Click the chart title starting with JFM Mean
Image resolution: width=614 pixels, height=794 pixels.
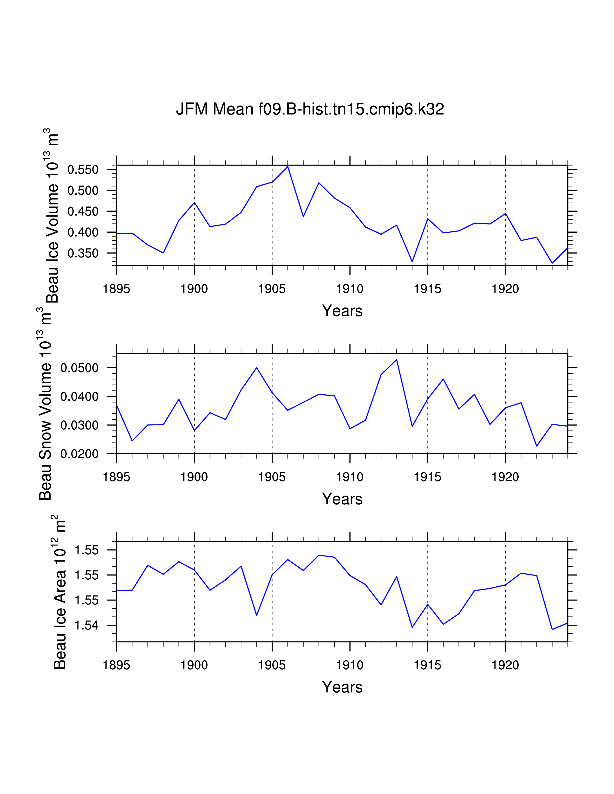point(310,109)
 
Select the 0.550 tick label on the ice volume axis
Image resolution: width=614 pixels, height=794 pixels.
point(83,170)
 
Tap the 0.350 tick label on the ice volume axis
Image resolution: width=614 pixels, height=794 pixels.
point(83,253)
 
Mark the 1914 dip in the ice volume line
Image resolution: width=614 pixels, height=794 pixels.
point(412,261)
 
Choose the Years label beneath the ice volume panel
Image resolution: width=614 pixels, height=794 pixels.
point(342,311)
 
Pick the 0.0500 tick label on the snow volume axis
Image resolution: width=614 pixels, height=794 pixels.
point(79,368)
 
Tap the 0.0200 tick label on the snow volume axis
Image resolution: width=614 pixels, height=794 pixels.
point(79,454)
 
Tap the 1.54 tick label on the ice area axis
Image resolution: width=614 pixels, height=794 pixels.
point(87,626)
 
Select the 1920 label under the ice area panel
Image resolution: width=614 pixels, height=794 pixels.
point(505,665)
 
